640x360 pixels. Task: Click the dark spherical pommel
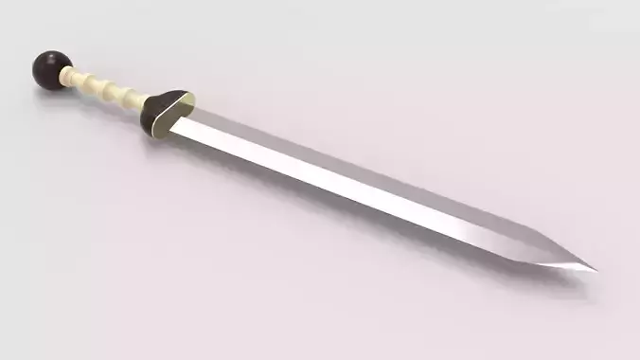click(x=49, y=69)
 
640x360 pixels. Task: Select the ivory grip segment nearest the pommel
click(x=83, y=81)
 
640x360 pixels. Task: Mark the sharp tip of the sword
click(x=596, y=270)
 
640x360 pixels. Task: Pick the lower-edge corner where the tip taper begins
click(x=511, y=257)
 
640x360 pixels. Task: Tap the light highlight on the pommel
click(x=43, y=61)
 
